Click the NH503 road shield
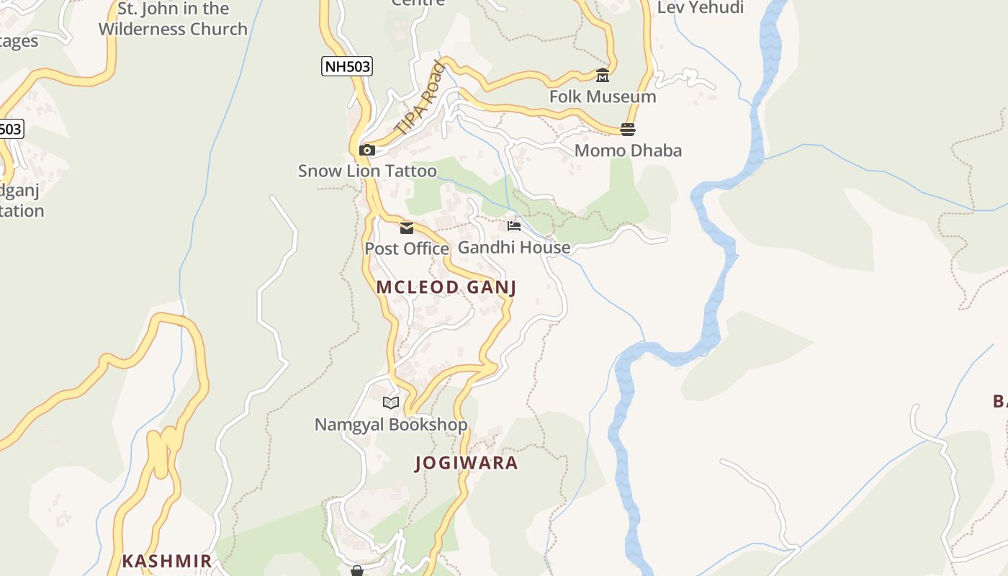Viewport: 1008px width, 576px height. (x=347, y=67)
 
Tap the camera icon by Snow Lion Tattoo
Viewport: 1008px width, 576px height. (x=367, y=150)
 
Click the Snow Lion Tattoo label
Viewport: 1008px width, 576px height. (x=367, y=171)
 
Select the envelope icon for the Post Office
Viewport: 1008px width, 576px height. (x=407, y=228)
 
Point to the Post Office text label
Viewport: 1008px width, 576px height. (x=406, y=248)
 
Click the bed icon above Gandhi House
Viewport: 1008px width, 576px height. (x=513, y=226)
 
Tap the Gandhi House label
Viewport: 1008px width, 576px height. (x=514, y=247)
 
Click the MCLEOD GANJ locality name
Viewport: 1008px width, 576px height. (x=446, y=287)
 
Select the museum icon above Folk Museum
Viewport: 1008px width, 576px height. (x=603, y=76)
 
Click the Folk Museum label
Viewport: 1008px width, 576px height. (x=603, y=96)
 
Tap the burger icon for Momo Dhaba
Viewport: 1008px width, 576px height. (x=628, y=130)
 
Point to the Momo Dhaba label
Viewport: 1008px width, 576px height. (x=628, y=150)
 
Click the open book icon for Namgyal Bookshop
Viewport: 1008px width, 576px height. (x=391, y=403)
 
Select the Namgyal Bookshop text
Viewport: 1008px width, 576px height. (x=391, y=425)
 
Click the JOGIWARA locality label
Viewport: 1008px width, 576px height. (x=467, y=463)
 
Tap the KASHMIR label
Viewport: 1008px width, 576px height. (x=167, y=561)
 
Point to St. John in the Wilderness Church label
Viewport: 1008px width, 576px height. (x=173, y=19)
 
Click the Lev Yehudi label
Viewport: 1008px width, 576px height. (x=701, y=8)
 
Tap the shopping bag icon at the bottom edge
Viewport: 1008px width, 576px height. (x=357, y=571)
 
